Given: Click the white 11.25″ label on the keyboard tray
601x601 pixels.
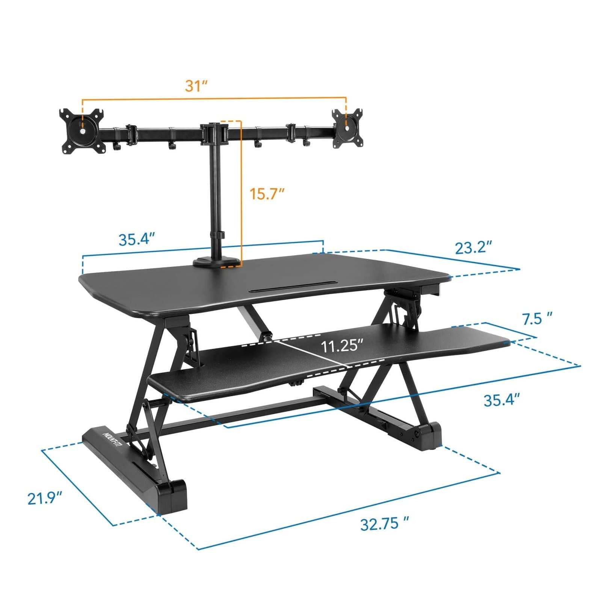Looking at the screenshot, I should coord(342,346).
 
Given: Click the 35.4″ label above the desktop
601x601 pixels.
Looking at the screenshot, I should coord(137,239).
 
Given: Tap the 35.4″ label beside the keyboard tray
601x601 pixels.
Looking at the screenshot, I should coord(501,400).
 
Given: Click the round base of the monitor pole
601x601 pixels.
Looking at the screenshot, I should coord(217,262).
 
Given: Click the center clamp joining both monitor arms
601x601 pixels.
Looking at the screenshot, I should coord(213,133).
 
